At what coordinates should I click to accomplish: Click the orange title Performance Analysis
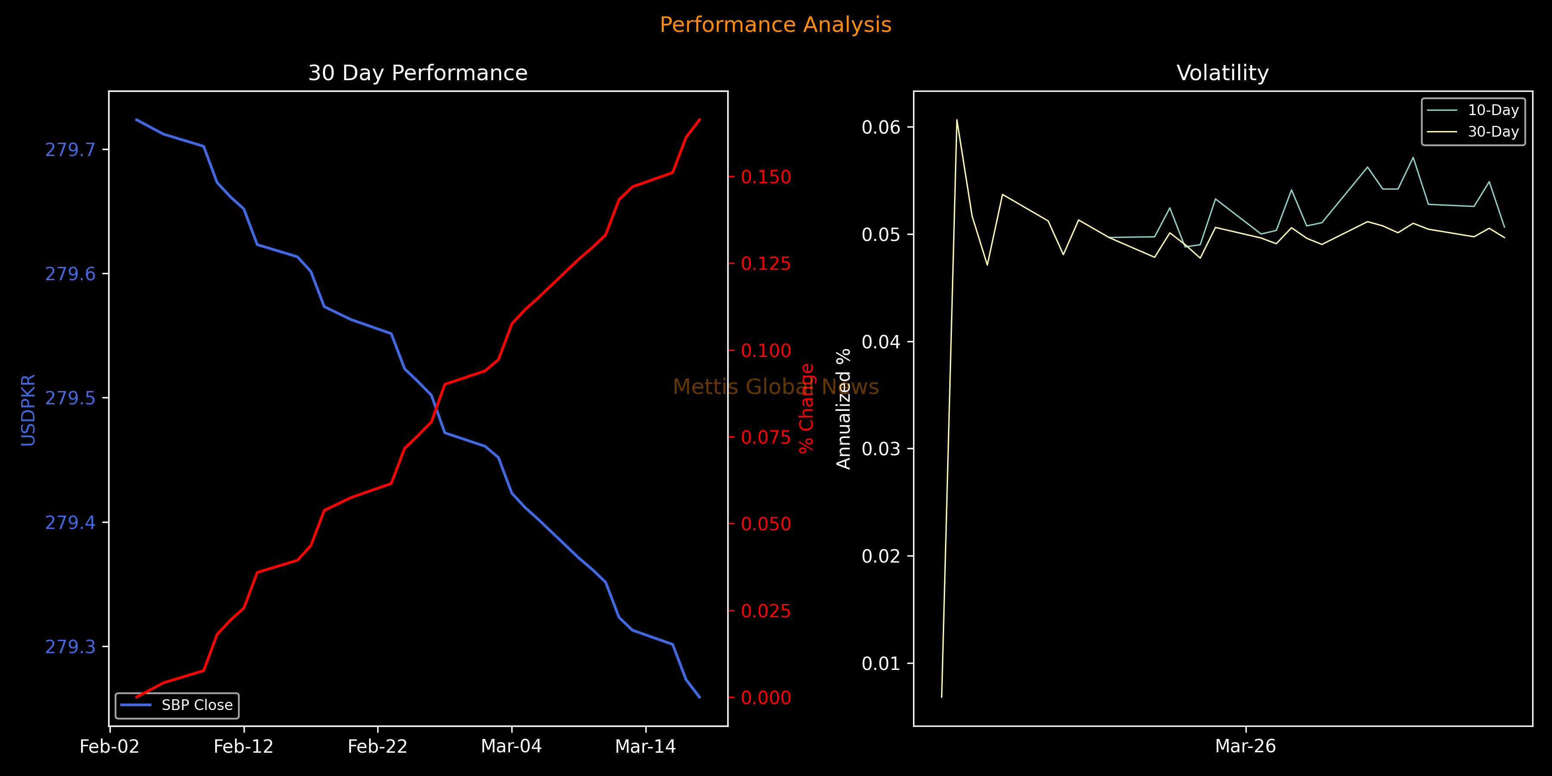pyautogui.click(x=776, y=25)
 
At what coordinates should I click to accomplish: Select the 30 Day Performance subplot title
pyautogui.click(x=417, y=73)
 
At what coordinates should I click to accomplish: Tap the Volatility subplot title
pyautogui.click(x=1223, y=73)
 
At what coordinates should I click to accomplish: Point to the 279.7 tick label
pyautogui.click(x=71, y=150)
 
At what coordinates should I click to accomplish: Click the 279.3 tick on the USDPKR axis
pyautogui.click(x=71, y=647)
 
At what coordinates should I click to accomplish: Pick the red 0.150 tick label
pyautogui.click(x=766, y=177)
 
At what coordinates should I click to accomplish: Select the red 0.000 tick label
pyautogui.click(x=766, y=698)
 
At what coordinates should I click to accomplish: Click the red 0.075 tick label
pyautogui.click(x=766, y=438)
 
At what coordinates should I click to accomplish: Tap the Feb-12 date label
pyautogui.click(x=244, y=747)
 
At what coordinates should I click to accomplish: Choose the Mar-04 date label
pyautogui.click(x=511, y=747)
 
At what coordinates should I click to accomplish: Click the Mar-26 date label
pyautogui.click(x=1245, y=747)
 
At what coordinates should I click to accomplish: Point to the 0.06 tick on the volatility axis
pyautogui.click(x=880, y=127)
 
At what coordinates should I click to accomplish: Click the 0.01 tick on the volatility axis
pyautogui.click(x=880, y=663)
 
